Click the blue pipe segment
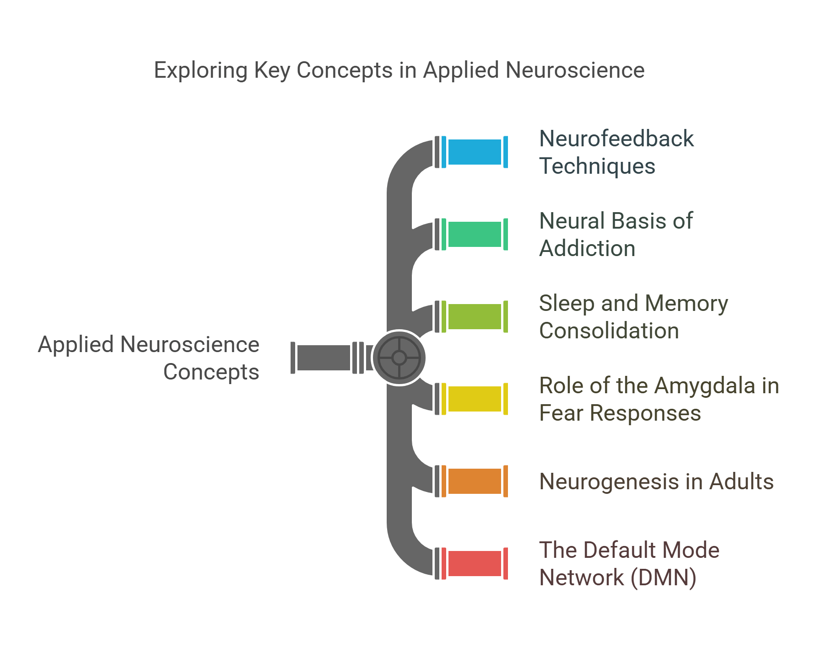475,152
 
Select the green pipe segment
475,234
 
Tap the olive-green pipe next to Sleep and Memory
475,316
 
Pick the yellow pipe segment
475,399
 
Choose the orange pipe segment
475,481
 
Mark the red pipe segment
475,563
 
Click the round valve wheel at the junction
399,358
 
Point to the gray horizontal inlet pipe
324,358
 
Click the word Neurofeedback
616,139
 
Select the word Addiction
587,249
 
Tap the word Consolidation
609,331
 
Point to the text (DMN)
663,577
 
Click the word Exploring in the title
200,71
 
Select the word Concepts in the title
344,71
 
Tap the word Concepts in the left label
211,372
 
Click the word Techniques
597,166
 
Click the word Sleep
566,303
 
